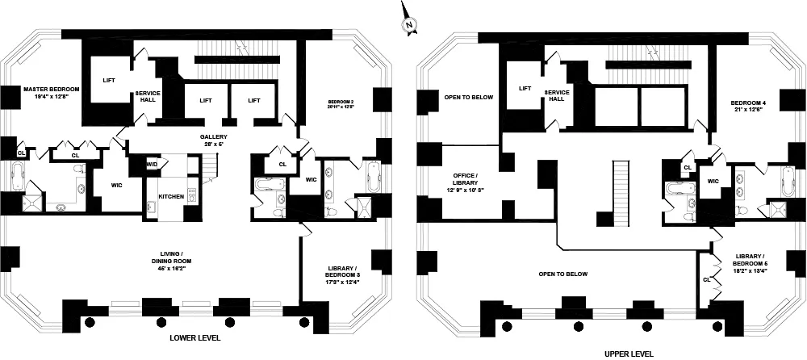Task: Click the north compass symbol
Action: [409, 25]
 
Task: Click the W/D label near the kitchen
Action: [152, 165]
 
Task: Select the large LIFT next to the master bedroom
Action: [108, 80]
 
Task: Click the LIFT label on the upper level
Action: [525, 89]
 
